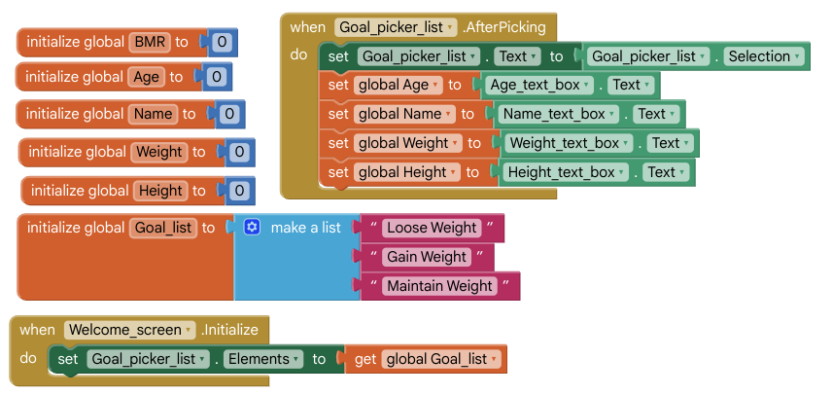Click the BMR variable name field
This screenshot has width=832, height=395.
point(151,42)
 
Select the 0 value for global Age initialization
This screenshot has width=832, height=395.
point(217,77)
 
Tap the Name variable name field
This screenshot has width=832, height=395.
point(154,114)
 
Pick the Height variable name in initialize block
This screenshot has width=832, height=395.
point(160,191)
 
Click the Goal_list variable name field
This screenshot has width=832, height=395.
point(163,228)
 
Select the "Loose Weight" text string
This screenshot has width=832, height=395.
point(432,228)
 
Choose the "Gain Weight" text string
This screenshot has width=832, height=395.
point(427,257)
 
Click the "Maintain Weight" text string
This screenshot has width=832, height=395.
point(439,286)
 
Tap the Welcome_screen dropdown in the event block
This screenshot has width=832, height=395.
point(130,330)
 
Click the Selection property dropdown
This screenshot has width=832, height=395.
point(765,56)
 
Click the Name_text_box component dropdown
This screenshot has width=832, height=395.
point(558,114)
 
